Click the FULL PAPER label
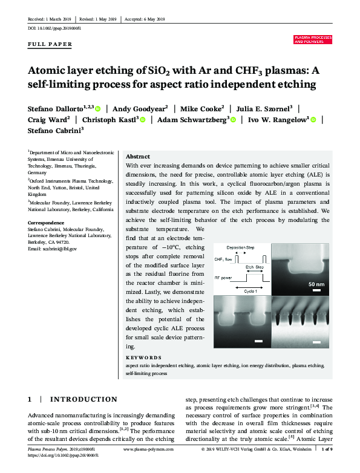tap(50, 44)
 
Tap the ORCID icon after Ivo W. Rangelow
tap(313, 120)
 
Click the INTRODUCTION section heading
tap(83, 399)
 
